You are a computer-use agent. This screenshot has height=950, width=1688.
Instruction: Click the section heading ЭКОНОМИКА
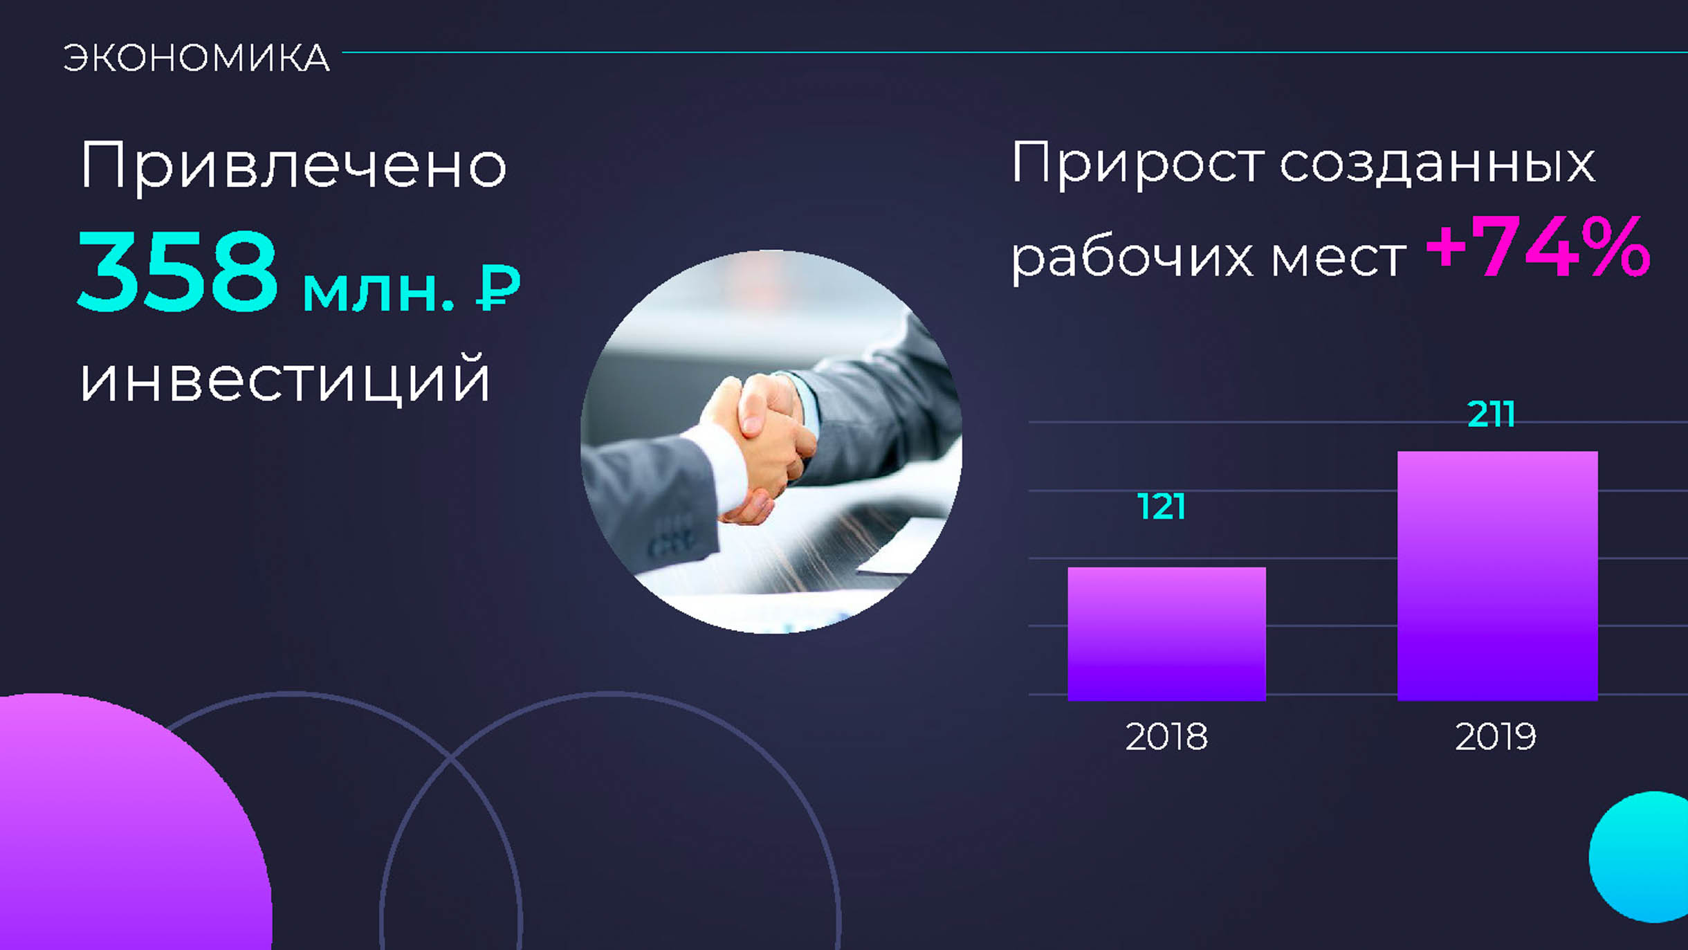pyautogui.click(x=196, y=57)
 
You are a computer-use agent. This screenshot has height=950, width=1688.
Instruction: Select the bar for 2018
pyautogui.click(x=1166, y=634)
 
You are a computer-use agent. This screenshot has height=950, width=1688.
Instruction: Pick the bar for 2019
pyautogui.click(x=1498, y=576)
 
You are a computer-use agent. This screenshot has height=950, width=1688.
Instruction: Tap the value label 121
pyautogui.click(x=1162, y=506)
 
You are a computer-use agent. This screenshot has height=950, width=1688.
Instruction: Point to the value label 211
pyautogui.click(x=1492, y=414)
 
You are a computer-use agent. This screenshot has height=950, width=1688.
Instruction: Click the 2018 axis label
pyautogui.click(x=1166, y=736)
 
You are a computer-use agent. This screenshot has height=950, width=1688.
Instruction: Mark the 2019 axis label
pyautogui.click(x=1496, y=736)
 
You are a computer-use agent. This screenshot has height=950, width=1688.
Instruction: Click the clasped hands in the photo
pyautogui.click(x=758, y=443)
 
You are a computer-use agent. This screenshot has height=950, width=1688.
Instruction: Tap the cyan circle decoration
pyautogui.click(x=1640, y=857)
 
